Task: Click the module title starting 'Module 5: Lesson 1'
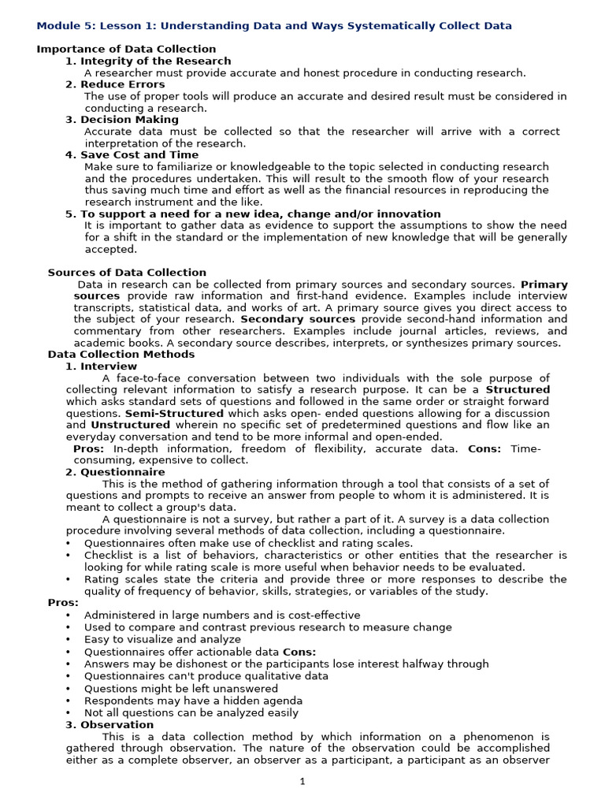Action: click(x=274, y=26)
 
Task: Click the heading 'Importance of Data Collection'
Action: click(x=126, y=49)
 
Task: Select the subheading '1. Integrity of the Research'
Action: click(x=148, y=61)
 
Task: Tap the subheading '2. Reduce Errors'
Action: click(x=115, y=84)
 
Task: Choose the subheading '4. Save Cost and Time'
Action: click(x=132, y=155)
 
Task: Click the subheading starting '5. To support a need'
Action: click(x=253, y=214)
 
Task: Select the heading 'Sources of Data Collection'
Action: click(x=127, y=273)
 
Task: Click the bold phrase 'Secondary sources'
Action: click(x=298, y=319)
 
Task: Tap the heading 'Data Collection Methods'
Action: click(x=121, y=355)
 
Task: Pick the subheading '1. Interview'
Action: click(x=101, y=366)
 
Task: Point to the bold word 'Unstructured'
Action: click(x=129, y=425)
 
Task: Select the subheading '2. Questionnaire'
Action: click(x=115, y=472)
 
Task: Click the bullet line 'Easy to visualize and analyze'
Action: click(x=162, y=639)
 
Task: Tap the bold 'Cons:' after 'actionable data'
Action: click(x=299, y=652)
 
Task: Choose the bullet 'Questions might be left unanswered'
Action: click(x=180, y=688)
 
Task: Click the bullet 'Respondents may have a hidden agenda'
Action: click(x=193, y=700)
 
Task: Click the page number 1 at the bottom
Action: click(x=302, y=781)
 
